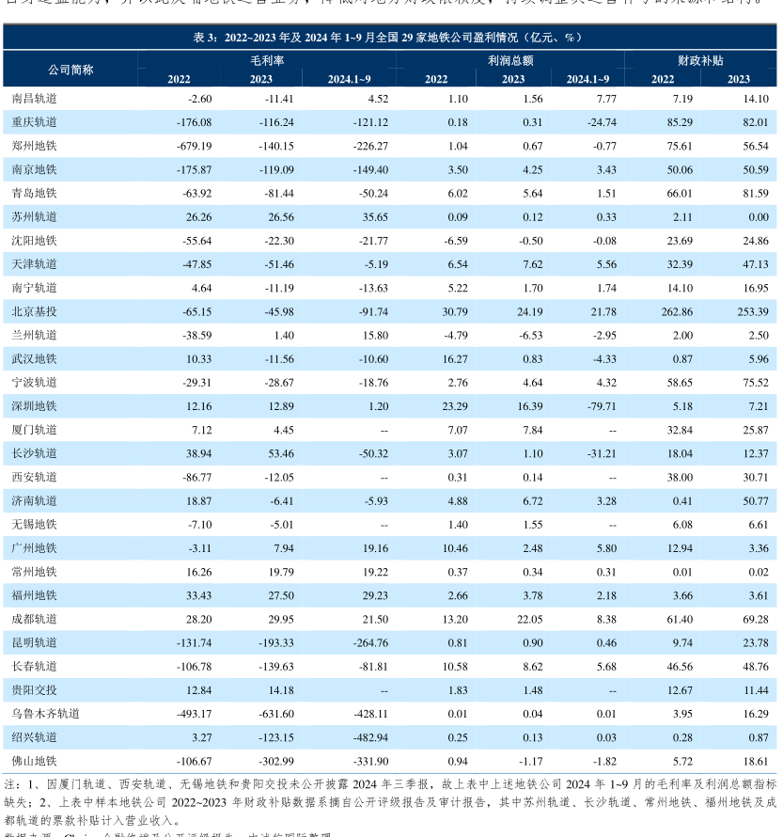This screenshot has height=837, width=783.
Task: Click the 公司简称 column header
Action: (70, 70)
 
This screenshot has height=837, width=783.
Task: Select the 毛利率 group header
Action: (266, 59)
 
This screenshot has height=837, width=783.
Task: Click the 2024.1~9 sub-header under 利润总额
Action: (587, 79)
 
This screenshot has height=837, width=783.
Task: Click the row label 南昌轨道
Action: (35, 99)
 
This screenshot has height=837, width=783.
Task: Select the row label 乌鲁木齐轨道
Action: (46, 714)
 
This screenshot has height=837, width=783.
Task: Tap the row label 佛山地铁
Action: (35, 761)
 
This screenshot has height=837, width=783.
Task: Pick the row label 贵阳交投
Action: (35, 690)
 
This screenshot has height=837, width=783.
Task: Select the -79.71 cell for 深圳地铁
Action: (597, 406)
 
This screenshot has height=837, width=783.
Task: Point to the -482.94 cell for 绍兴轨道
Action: (367, 737)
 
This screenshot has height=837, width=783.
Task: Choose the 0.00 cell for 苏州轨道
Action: (753, 216)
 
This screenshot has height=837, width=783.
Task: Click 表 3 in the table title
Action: (205, 37)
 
